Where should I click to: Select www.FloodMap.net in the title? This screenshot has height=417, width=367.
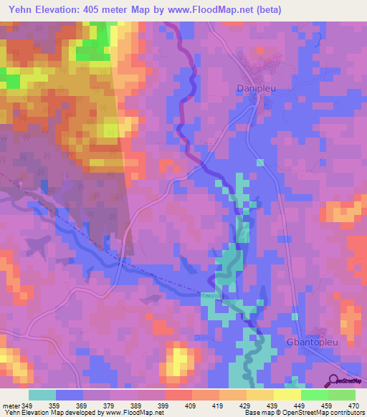(x=211, y=9)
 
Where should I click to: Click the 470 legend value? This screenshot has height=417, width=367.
(x=354, y=405)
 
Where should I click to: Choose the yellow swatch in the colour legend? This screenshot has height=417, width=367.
(x=287, y=395)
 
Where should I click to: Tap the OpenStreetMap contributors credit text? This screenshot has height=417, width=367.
(x=319, y=413)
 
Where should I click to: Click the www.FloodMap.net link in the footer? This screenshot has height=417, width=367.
(x=133, y=413)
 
